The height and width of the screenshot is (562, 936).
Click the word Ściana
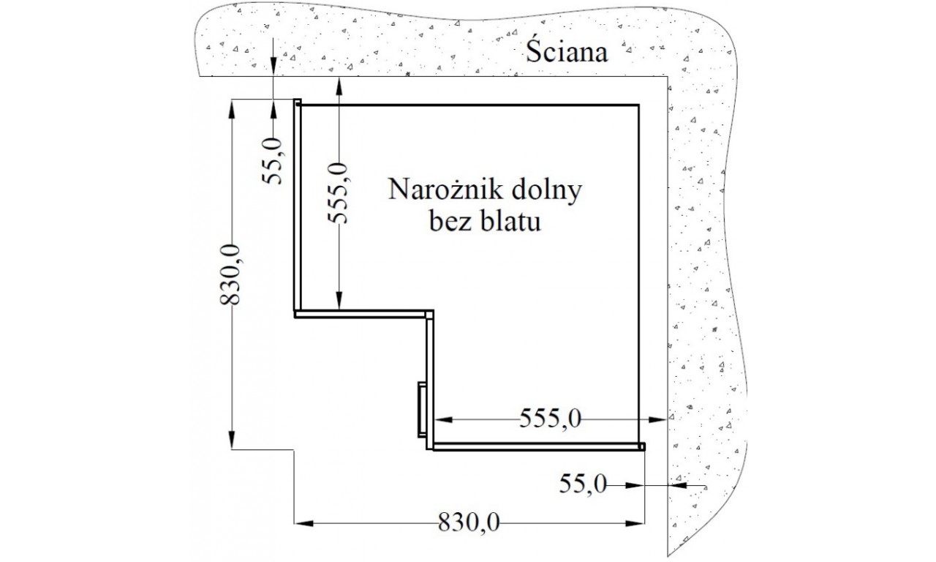(566, 51)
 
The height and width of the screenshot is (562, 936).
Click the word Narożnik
(445, 191)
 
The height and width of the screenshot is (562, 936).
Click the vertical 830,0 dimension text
(230, 274)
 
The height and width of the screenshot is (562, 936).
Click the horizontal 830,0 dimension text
(469, 522)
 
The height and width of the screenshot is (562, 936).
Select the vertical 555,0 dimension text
(337, 192)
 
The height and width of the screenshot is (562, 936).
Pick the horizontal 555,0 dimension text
(551, 418)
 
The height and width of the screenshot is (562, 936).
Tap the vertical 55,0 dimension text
(273, 161)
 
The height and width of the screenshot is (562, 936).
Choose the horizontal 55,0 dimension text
(583, 485)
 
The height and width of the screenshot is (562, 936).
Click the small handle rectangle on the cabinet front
(423, 409)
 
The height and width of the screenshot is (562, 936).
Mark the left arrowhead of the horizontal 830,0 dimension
(303, 523)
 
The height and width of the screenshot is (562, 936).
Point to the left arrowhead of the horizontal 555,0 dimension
(443, 419)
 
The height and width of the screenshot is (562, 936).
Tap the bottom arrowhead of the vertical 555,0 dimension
(339, 301)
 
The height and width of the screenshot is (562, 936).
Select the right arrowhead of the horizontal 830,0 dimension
(635, 523)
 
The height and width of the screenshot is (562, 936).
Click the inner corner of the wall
(667, 77)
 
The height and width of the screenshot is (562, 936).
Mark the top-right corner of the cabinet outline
(638, 105)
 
